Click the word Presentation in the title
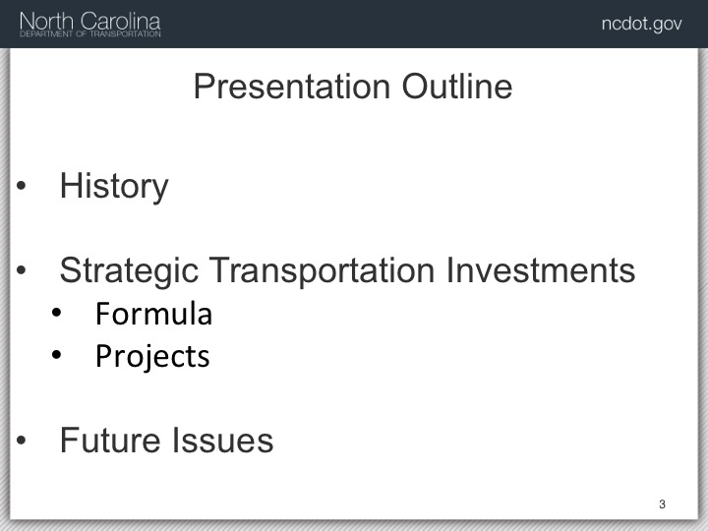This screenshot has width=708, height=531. pyautogui.click(x=292, y=87)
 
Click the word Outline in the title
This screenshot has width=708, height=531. pyautogui.click(x=457, y=87)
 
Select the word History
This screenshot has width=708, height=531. pyautogui.click(x=114, y=187)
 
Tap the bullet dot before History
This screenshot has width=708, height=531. pyautogui.click(x=21, y=185)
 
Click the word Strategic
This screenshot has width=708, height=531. pyautogui.click(x=129, y=271)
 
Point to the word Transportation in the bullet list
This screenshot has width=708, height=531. pyautogui.click(x=322, y=270)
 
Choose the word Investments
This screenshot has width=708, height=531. pyautogui.click(x=541, y=270)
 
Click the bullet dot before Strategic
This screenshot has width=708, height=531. pyautogui.click(x=21, y=270)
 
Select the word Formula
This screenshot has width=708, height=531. pyautogui.click(x=153, y=314)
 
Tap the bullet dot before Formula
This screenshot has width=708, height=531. pyautogui.click(x=56, y=313)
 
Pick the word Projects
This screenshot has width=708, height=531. pyautogui.click(x=152, y=357)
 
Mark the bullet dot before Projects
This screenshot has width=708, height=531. pyautogui.click(x=56, y=354)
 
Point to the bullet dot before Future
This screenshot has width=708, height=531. pyautogui.click(x=21, y=440)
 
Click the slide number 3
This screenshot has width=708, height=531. pyautogui.click(x=662, y=504)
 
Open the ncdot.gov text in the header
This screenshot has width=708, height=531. pyautogui.click(x=641, y=24)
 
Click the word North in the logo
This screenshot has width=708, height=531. pyautogui.click(x=46, y=22)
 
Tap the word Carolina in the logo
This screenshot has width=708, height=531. pyautogui.click(x=121, y=22)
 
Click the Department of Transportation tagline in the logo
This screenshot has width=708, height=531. pyautogui.click(x=90, y=33)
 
